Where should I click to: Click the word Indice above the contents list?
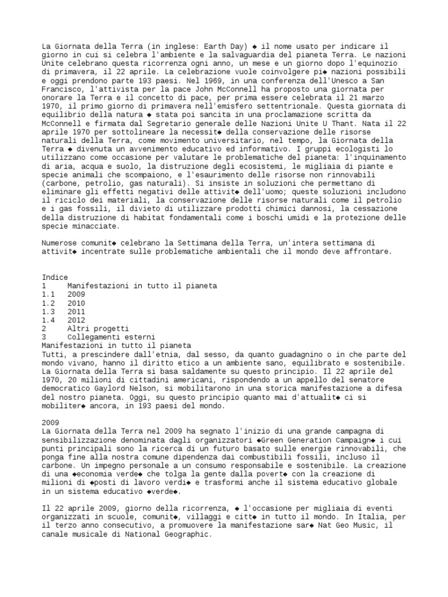tap(55, 277)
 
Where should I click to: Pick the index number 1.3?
tap(48, 312)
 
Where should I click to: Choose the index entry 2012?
tap(76, 321)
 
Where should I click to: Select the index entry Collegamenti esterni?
tap(111, 338)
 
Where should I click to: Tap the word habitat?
tap(157, 217)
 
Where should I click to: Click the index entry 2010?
tap(76, 303)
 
